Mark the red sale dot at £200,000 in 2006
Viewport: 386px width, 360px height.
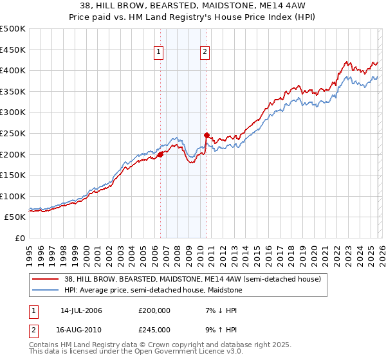pyautogui.click(x=160, y=154)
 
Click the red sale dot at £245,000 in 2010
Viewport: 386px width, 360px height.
pyautogui.click(x=207, y=135)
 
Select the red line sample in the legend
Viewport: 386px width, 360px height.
pyautogui.click(x=46, y=278)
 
